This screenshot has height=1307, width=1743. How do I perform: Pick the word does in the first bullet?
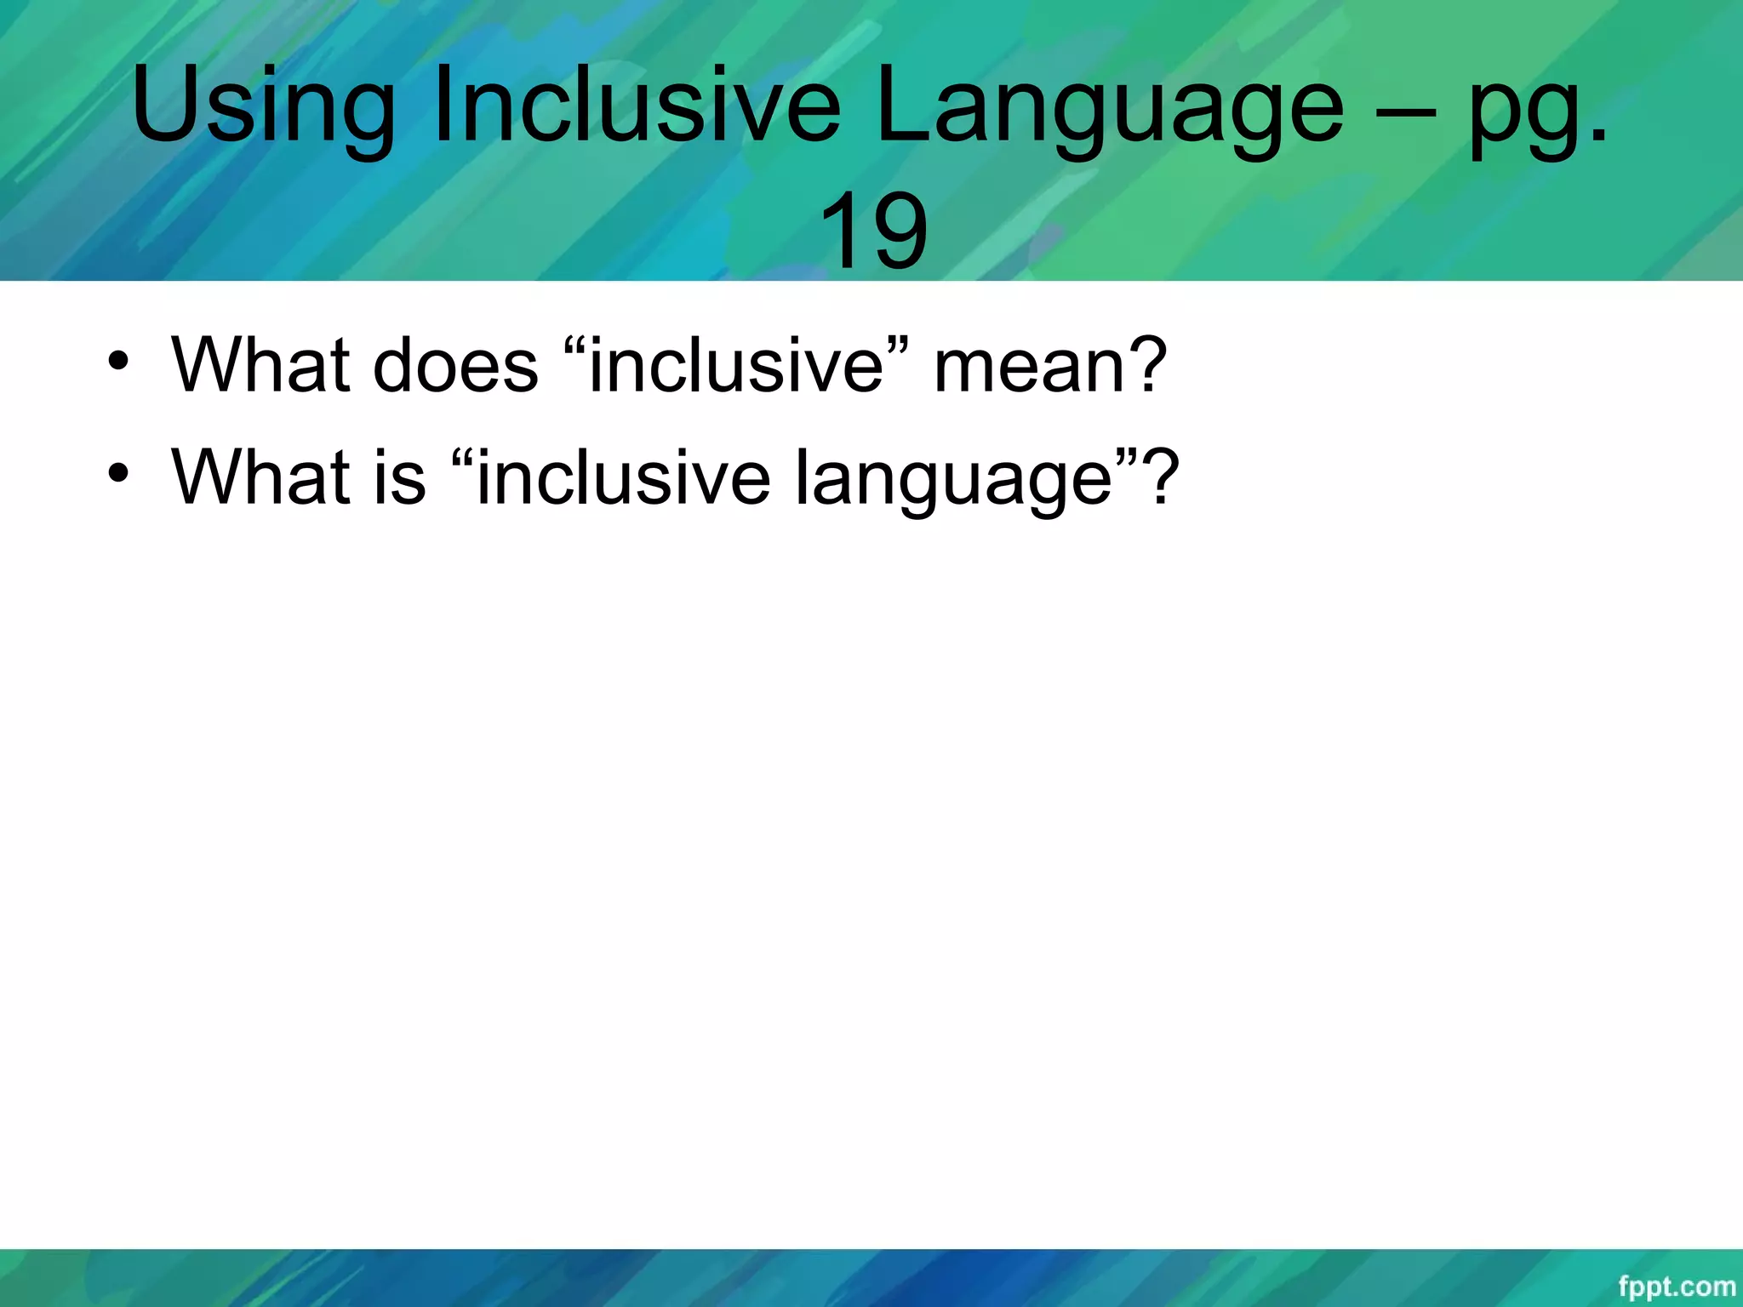[455, 366]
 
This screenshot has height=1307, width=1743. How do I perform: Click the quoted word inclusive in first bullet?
[737, 366]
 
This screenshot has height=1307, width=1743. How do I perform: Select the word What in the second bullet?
[260, 476]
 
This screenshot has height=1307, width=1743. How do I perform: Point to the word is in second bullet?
[399, 476]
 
